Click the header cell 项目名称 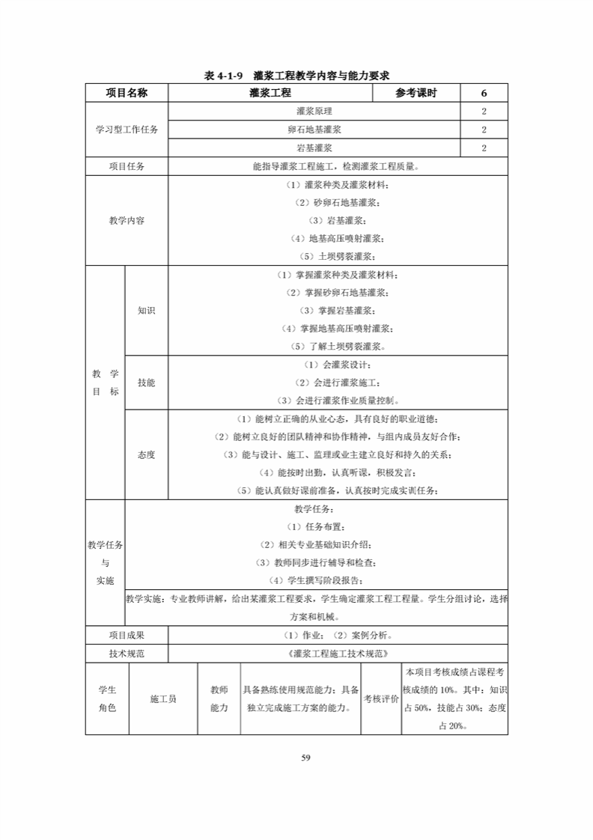point(127,93)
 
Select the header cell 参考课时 point(416,93)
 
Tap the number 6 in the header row point(484,93)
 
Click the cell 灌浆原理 point(314,111)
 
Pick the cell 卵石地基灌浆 point(314,130)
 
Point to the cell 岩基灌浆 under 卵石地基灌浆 point(314,148)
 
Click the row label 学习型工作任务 point(127,130)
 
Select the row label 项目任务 point(127,166)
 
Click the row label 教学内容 point(127,221)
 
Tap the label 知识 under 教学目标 point(146,311)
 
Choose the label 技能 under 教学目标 point(146,382)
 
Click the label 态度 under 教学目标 point(146,454)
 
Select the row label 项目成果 point(127,636)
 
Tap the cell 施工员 point(163,699)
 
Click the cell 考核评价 point(381,699)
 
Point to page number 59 point(305,757)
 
